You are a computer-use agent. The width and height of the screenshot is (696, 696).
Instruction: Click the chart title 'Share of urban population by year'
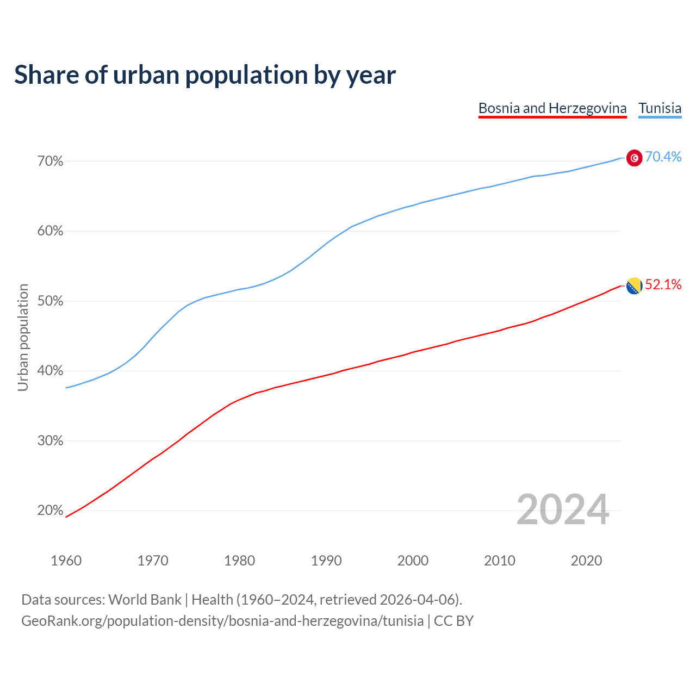pyautogui.click(x=205, y=75)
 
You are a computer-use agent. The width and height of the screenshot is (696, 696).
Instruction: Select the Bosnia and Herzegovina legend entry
pyautogui.click(x=552, y=108)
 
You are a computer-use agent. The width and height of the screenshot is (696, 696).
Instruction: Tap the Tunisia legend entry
pyautogui.click(x=660, y=108)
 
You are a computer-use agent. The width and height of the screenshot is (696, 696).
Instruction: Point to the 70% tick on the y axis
pyautogui.click(x=51, y=161)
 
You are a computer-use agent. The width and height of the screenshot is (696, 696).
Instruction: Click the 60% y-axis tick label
pyautogui.click(x=51, y=231)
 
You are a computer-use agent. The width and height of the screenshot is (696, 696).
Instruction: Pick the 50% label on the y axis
pyautogui.click(x=51, y=301)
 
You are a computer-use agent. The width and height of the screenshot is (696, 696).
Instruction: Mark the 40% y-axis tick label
pyautogui.click(x=51, y=371)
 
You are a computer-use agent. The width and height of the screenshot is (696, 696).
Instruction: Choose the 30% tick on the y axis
pyautogui.click(x=51, y=440)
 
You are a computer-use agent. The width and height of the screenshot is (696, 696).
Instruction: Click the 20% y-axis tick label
pyautogui.click(x=51, y=511)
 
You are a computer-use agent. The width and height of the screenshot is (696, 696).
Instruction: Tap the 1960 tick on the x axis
pyautogui.click(x=66, y=561)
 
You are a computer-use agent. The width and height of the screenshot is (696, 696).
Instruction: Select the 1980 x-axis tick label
pyautogui.click(x=239, y=561)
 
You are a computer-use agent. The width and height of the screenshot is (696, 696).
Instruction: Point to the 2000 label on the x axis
pyautogui.click(x=413, y=561)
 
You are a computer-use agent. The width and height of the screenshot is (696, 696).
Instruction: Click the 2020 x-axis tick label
pyautogui.click(x=586, y=561)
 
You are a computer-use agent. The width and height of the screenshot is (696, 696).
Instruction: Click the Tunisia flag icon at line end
pyautogui.click(x=634, y=158)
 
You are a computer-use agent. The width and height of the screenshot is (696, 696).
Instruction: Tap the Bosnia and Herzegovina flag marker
pyautogui.click(x=634, y=285)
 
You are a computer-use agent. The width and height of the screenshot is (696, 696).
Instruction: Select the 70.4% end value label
pyautogui.click(x=663, y=157)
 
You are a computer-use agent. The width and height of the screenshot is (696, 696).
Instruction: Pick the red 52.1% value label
pyautogui.click(x=663, y=285)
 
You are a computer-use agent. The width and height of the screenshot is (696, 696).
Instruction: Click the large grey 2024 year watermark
pyautogui.click(x=563, y=510)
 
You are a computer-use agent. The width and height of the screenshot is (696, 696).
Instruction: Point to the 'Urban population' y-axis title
pyautogui.click(x=23, y=337)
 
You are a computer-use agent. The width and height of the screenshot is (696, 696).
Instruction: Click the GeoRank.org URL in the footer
pyautogui.click(x=222, y=621)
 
